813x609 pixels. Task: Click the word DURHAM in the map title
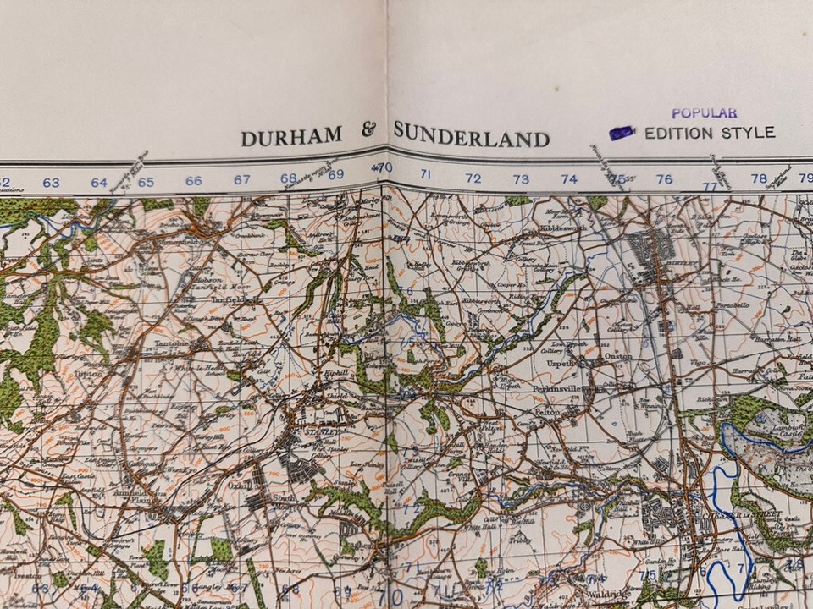(x=291, y=137)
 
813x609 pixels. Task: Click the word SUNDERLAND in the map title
(x=472, y=136)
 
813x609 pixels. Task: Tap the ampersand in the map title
(x=368, y=131)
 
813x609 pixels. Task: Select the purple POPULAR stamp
(x=704, y=112)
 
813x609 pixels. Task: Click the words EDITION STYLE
(x=709, y=133)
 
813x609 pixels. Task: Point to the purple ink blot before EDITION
(x=622, y=133)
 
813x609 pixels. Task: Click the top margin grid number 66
(x=194, y=180)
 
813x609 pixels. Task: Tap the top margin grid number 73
(x=521, y=179)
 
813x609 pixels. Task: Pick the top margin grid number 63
(x=52, y=182)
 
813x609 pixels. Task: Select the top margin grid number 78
(x=758, y=178)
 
